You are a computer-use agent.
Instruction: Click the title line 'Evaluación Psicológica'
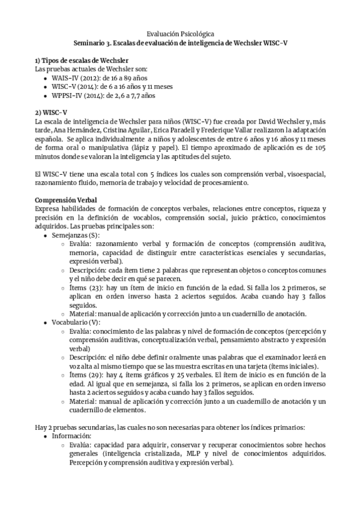coord(180,35)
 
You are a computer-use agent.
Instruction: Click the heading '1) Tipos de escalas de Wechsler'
coord(82,61)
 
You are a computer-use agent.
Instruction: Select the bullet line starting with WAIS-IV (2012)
coord(92,78)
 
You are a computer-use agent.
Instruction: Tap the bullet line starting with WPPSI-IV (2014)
coord(95,95)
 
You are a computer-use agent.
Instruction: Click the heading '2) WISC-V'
coord(51,112)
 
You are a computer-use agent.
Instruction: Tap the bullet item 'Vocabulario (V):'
coord(76,322)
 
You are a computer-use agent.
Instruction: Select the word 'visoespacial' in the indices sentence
coord(300,173)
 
